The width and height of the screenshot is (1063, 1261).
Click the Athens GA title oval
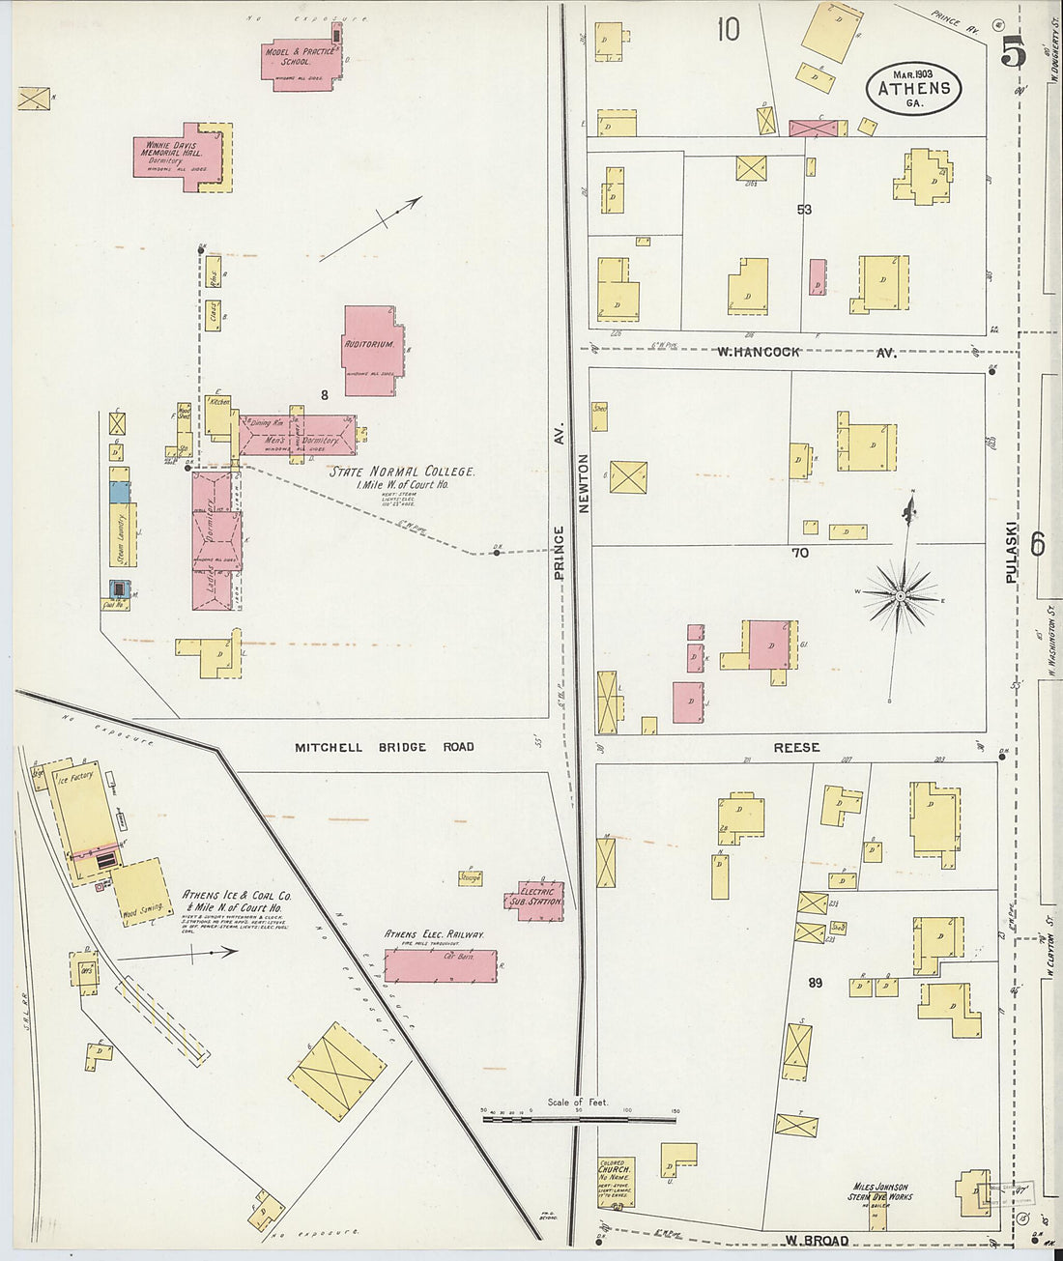click(x=913, y=89)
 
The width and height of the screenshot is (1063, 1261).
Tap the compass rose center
click(x=900, y=596)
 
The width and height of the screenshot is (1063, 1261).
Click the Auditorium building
click(x=370, y=350)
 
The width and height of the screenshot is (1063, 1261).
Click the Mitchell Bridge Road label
click(x=384, y=747)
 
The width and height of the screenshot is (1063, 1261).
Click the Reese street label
click(x=796, y=747)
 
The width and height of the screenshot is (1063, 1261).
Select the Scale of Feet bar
click(x=578, y=1119)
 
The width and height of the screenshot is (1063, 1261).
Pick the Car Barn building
click(x=441, y=965)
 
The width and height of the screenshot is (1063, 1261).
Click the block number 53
click(x=804, y=210)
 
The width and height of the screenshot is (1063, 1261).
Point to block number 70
click(x=799, y=553)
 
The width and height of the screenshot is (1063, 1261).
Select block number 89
click(x=815, y=983)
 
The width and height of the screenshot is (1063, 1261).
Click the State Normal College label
click(x=401, y=472)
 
